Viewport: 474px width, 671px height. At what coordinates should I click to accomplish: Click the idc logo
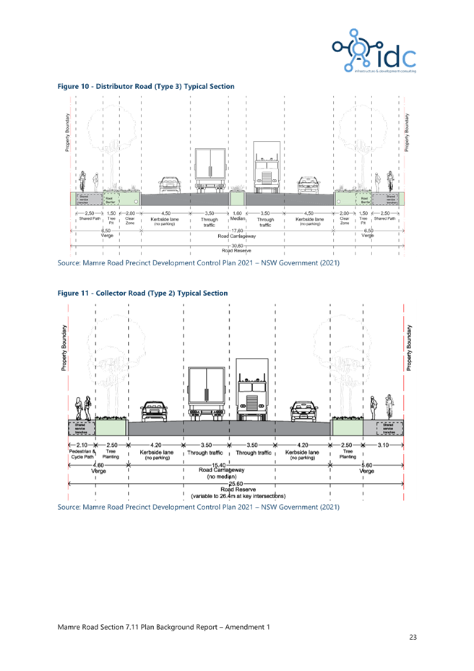[374, 51]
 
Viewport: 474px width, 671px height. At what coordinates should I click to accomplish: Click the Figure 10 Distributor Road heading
[146, 87]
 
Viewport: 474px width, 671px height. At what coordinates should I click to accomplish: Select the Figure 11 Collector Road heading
[143, 293]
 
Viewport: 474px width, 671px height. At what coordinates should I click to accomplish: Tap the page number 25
[413, 637]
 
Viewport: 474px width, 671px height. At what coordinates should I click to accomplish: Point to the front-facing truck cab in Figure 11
[252, 390]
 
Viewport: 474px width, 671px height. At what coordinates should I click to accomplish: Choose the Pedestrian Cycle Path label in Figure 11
[82, 453]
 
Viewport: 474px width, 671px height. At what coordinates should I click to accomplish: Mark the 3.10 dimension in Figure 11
[383, 445]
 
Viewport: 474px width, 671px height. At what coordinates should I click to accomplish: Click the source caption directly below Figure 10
[197, 262]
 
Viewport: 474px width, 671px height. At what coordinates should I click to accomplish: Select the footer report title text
[163, 626]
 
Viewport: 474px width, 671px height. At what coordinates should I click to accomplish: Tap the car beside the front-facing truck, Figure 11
[304, 411]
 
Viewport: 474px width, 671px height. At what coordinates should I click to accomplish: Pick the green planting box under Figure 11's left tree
[111, 427]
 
